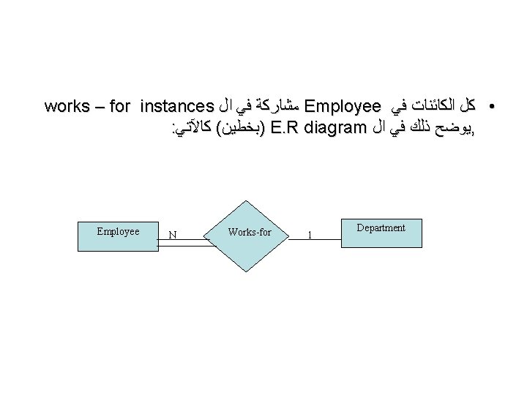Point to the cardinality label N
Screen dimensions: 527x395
pyautogui.click(x=171, y=236)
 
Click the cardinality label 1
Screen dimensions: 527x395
pyautogui.click(x=310, y=236)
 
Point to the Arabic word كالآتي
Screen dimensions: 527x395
pyautogui.click(x=193, y=129)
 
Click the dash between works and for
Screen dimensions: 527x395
pyautogui.click(x=97, y=106)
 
